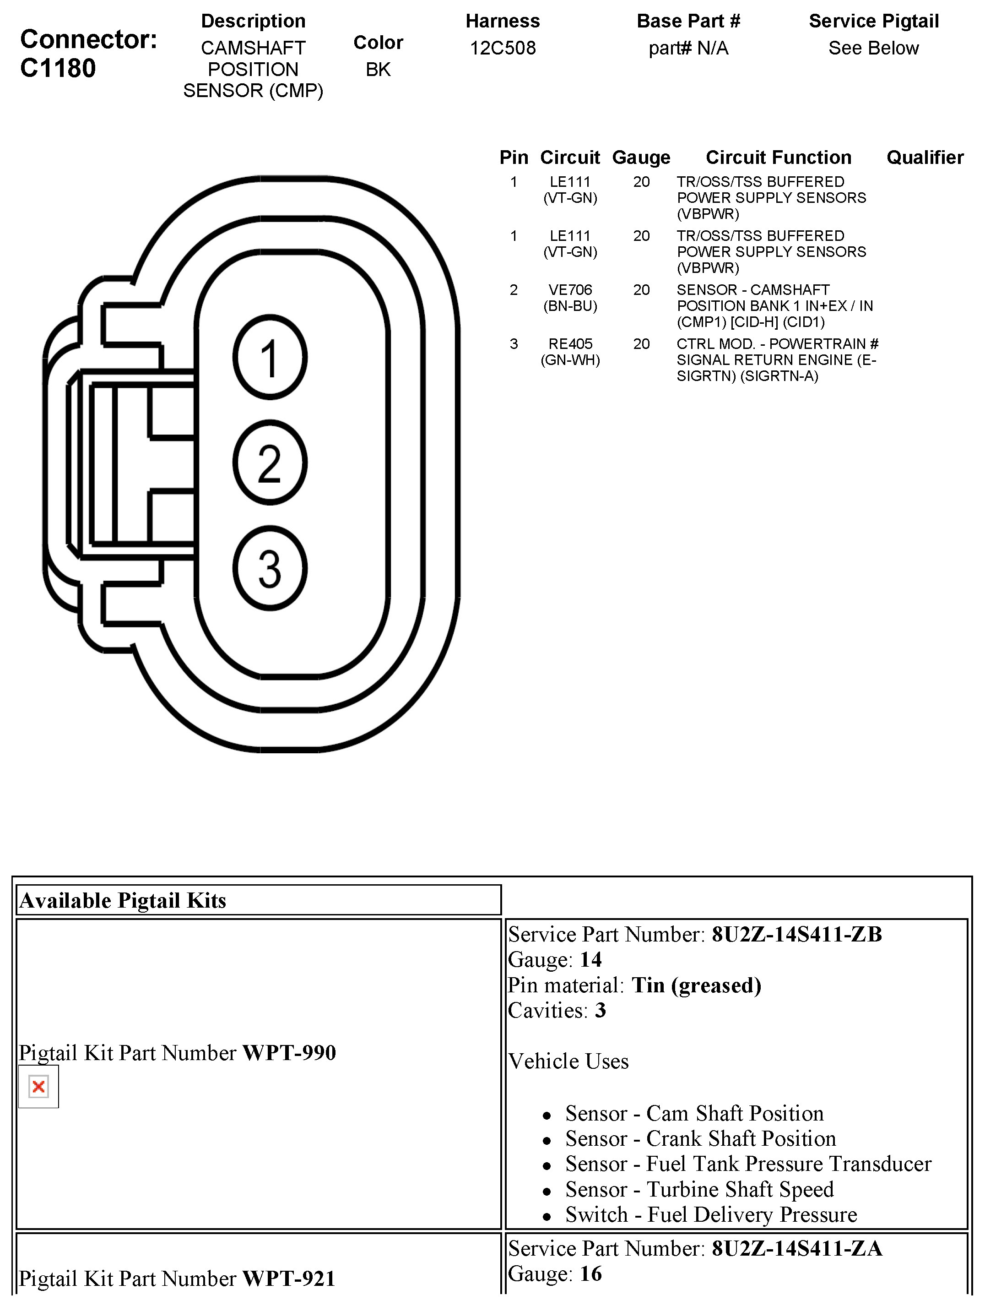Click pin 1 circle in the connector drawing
click(x=270, y=357)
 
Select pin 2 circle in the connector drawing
click(x=270, y=463)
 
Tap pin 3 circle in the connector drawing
click(x=270, y=568)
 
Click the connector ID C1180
click(x=58, y=69)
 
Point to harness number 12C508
click(x=503, y=48)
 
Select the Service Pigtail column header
click(x=873, y=21)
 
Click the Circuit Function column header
click(x=779, y=158)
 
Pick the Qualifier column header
click(x=925, y=158)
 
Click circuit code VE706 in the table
click(x=570, y=290)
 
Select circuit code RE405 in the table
click(x=570, y=344)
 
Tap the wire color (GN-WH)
click(x=570, y=360)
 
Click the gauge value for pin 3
click(x=642, y=344)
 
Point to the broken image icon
click(x=39, y=1086)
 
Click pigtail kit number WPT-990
click(x=289, y=1053)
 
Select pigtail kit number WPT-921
click(x=289, y=1278)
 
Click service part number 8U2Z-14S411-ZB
click(x=797, y=934)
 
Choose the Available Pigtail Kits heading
click(x=123, y=900)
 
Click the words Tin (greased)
click(x=696, y=985)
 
